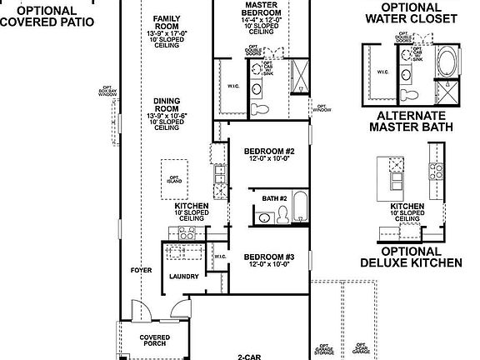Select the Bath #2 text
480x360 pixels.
point(274,198)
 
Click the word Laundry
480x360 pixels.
point(182,276)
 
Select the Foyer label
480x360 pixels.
point(141,271)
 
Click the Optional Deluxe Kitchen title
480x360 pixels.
point(411,257)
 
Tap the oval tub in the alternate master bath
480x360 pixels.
point(447,62)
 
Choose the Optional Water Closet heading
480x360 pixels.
point(411,12)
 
